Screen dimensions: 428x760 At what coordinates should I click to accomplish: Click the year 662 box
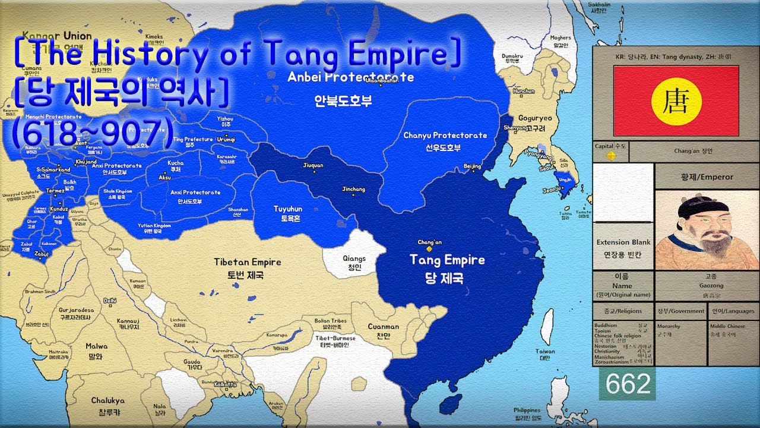coord(627,384)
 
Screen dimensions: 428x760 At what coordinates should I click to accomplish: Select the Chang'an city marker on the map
coord(429,249)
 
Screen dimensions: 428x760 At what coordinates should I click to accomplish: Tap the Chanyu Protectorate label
coord(445,136)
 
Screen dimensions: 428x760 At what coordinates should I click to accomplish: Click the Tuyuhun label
coord(287,209)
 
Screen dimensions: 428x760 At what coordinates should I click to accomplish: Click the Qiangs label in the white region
coord(354,259)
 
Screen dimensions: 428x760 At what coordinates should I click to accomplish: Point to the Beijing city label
coord(472,160)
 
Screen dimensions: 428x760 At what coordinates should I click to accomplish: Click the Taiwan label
coord(545,351)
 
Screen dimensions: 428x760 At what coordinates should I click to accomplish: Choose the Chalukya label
coord(107,401)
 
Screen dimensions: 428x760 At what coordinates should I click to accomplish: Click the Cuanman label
coord(383,326)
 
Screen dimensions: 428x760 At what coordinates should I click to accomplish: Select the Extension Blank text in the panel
coord(623,243)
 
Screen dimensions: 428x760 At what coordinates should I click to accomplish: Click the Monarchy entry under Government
coord(669,326)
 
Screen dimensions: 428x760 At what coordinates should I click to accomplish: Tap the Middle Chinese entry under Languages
coord(729,326)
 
